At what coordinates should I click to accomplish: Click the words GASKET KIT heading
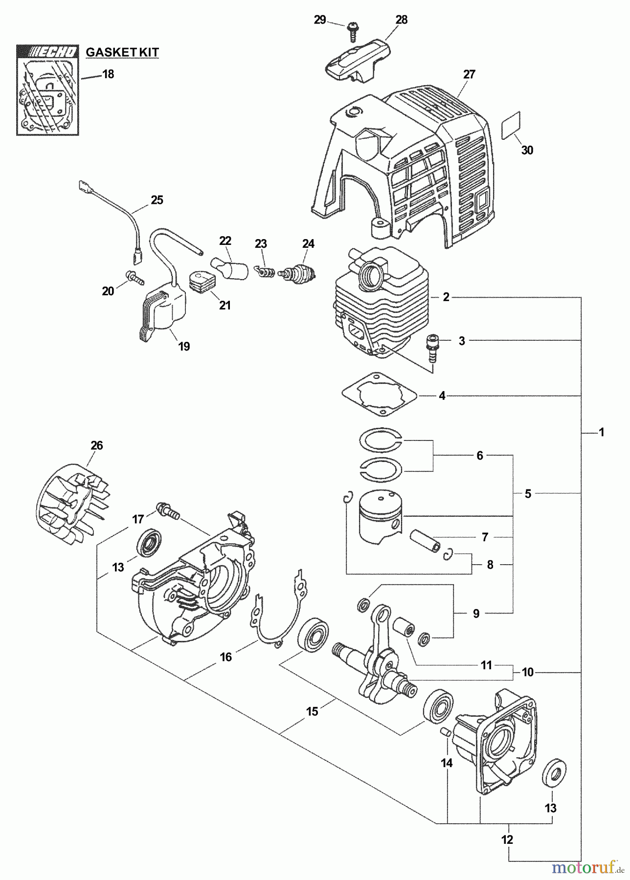122,52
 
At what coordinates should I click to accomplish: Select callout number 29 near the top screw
320,20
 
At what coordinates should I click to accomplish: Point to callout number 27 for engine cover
469,74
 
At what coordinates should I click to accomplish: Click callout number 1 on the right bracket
602,432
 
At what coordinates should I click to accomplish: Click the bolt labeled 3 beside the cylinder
432,348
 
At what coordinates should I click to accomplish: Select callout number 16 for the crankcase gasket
225,657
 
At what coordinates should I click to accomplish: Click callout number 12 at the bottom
507,840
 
